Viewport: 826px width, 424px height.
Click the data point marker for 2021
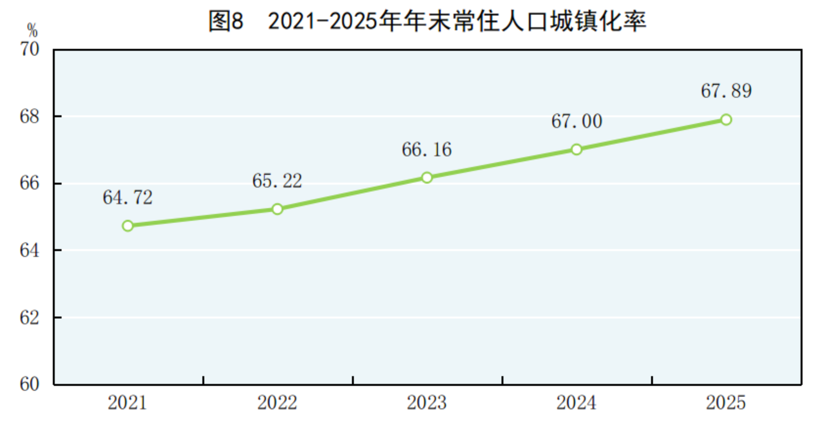click(x=128, y=226)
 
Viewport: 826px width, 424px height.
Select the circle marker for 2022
click(x=277, y=209)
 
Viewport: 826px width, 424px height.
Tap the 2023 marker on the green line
click(x=427, y=178)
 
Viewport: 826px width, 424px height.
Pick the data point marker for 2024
click(x=577, y=149)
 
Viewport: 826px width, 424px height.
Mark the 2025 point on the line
click(x=726, y=120)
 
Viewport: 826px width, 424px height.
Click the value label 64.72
click(x=127, y=198)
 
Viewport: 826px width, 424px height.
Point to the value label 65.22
click(x=277, y=181)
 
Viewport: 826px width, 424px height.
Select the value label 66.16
click(x=427, y=149)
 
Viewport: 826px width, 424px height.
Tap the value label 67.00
click(x=577, y=121)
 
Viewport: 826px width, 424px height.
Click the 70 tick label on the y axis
click(x=29, y=50)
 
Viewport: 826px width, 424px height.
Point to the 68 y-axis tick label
click(x=29, y=116)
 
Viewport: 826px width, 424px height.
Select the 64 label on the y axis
click(x=29, y=251)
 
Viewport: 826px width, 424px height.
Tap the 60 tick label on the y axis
click(x=29, y=384)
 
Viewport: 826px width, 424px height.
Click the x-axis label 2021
click(x=127, y=403)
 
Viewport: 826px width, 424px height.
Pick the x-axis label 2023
click(x=427, y=403)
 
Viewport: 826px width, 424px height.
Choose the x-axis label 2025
click(x=726, y=403)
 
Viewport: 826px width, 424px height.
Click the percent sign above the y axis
click(x=32, y=31)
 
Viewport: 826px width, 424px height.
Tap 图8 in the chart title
click(x=226, y=21)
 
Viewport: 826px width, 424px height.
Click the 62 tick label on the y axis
click(x=29, y=318)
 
